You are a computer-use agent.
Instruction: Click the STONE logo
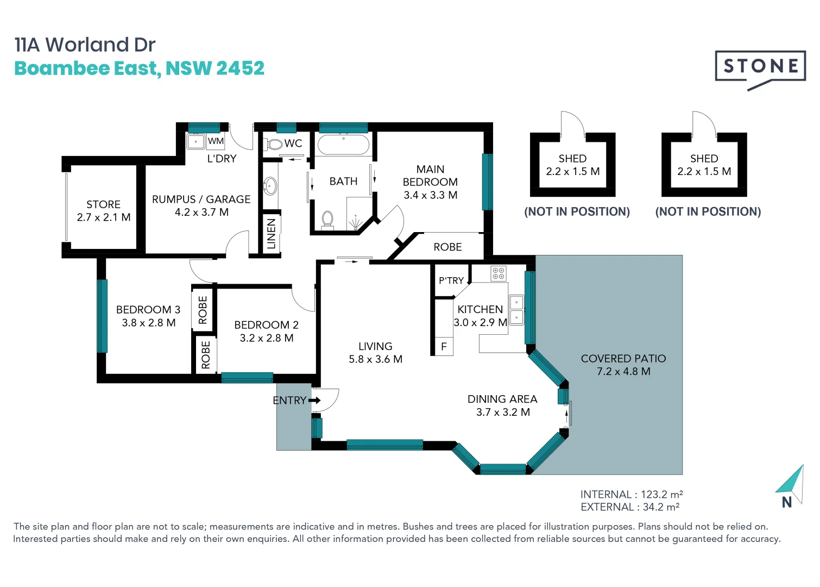pyautogui.click(x=760, y=70)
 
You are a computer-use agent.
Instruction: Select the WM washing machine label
pyautogui.click(x=216, y=141)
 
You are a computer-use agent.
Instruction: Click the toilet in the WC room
pyautogui.click(x=274, y=144)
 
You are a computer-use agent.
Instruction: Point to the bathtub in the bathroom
pyautogui.click(x=343, y=145)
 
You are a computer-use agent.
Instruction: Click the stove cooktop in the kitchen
pyautogui.click(x=498, y=273)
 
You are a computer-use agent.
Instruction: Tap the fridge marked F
pyautogui.click(x=444, y=346)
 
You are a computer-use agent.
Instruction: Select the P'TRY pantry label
pyautogui.click(x=451, y=280)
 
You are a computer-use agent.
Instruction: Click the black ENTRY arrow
pyautogui.click(x=314, y=400)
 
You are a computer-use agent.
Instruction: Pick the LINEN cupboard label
pyautogui.click(x=272, y=234)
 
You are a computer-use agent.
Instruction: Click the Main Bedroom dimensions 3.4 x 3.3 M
pyautogui.click(x=431, y=195)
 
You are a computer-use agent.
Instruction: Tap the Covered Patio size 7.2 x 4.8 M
pyautogui.click(x=623, y=371)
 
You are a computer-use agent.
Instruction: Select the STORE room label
pyautogui.click(x=103, y=204)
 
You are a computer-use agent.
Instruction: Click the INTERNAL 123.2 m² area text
pyautogui.click(x=632, y=494)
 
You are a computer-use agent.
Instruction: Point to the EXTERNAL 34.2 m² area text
pyautogui.click(x=630, y=507)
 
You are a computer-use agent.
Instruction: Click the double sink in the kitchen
pyautogui.click(x=516, y=310)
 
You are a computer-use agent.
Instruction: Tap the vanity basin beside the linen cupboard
pyautogui.click(x=270, y=186)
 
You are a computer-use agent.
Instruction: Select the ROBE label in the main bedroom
pyautogui.click(x=447, y=247)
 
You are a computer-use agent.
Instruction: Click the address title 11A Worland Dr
pyautogui.click(x=85, y=45)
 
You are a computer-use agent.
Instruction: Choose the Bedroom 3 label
pyautogui.click(x=148, y=310)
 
